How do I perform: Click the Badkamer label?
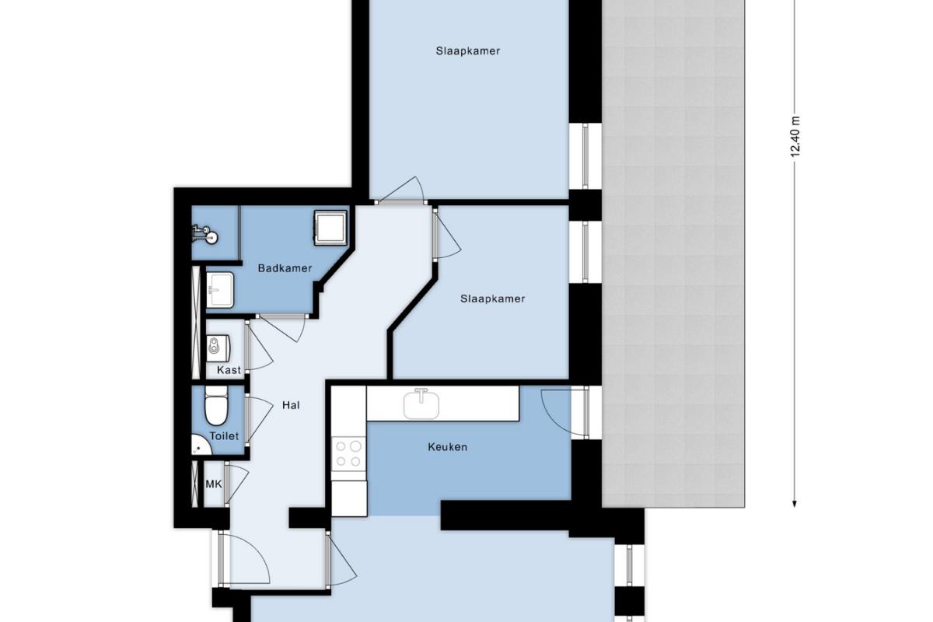(285, 268)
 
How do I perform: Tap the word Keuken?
(447, 447)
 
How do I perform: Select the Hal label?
(291, 405)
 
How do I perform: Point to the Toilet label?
(224, 436)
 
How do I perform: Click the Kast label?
(229, 370)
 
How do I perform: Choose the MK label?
(214, 484)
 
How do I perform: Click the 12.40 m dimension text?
(795, 137)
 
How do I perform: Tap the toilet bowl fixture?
(216, 405)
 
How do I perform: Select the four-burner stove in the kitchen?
(348, 454)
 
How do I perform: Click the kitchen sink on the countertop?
(421, 404)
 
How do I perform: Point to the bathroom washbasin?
(220, 290)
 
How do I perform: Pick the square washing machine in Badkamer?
(330, 228)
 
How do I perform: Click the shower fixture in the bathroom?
(206, 234)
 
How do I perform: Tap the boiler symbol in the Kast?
(218, 345)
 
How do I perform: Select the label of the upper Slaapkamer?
(468, 51)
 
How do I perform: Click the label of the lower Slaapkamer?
(492, 299)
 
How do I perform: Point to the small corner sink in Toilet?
(201, 445)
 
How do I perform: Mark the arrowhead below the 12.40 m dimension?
(795, 504)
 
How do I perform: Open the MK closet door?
(236, 484)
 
